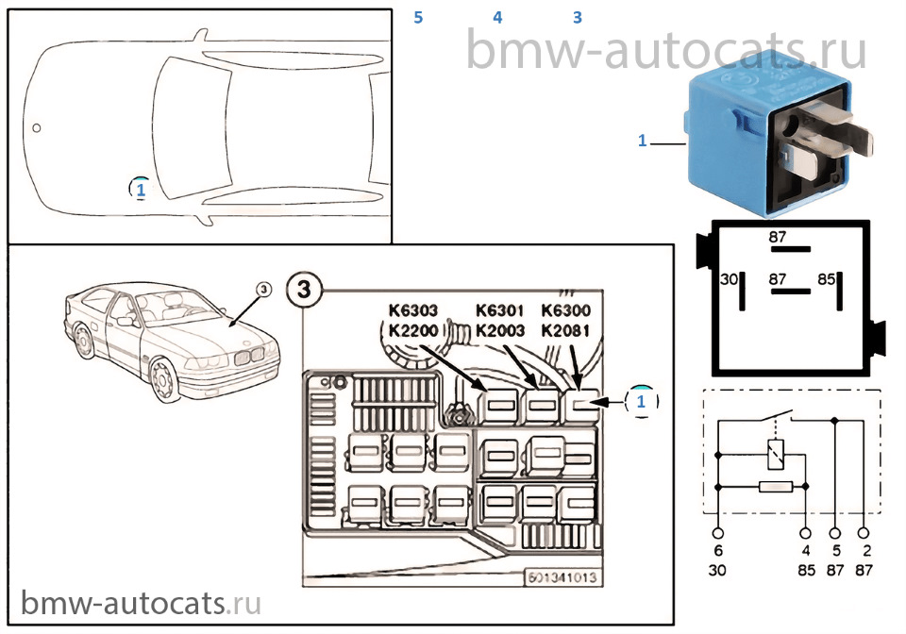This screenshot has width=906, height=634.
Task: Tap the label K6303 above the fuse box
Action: pyautogui.click(x=413, y=310)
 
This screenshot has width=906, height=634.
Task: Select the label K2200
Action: pyautogui.click(x=413, y=330)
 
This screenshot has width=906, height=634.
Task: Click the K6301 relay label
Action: pyautogui.click(x=500, y=310)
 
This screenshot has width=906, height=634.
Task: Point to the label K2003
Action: pyautogui.click(x=500, y=330)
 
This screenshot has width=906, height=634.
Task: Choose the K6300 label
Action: pyautogui.click(x=566, y=310)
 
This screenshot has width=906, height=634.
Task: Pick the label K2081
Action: pyautogui.click(x=566, y=330)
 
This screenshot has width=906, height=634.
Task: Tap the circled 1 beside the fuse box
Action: pyautogui.click(x=643, y=401)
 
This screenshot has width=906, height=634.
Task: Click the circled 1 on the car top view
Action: pyautogui.click(x=140, y=190)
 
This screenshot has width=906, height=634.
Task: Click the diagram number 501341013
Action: pyautogui.click(x=562, y=578)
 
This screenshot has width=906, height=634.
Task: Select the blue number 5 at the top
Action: pyautogui.click(x=419, y=17)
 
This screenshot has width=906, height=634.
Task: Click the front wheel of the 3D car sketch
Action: pyautogui.click(x=164, y=382)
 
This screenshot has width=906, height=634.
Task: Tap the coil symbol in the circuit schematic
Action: pyautogui.click(x=776, y=454)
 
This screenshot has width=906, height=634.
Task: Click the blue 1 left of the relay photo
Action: pyautogui.click(x=642, y=142)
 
